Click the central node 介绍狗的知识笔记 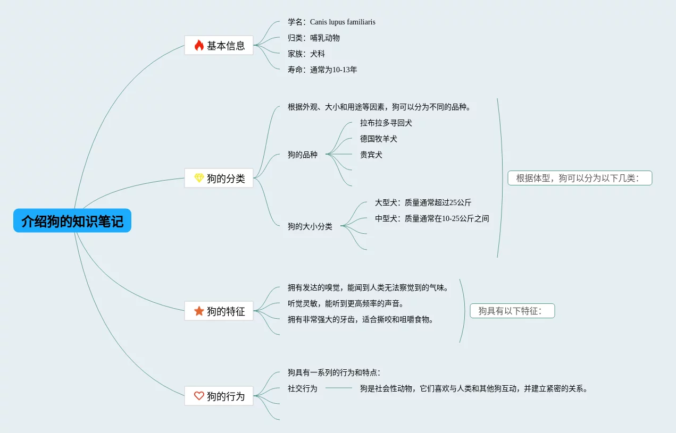click(x=72, y=220)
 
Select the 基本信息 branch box click(x=219, y=45)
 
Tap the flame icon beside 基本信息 click(x=199, y=45)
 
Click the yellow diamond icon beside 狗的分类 click(x=199, y=178)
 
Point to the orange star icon click(x=199, y=311)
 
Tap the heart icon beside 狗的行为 click(x=199, y=396)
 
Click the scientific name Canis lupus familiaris click(x=343, y=22)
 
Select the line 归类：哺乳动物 click(x=314, y=38)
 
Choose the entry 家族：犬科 click(x=306, y=54)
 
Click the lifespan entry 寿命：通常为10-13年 click(x=322, y=70)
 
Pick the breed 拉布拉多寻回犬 click(x=386, y=123)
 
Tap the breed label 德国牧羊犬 click(x=379, y=139)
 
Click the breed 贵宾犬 click(x=371, y=155)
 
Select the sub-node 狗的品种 click(x=303, y=155)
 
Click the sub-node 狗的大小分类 click(x=310, y=226)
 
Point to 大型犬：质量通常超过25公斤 click(x=423, y=202)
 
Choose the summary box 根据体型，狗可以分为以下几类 click(x=580, y=178)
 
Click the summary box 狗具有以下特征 click(x=512, y=311)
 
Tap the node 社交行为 click(x=303, y=388)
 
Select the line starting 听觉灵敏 click(x=346, y=303)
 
